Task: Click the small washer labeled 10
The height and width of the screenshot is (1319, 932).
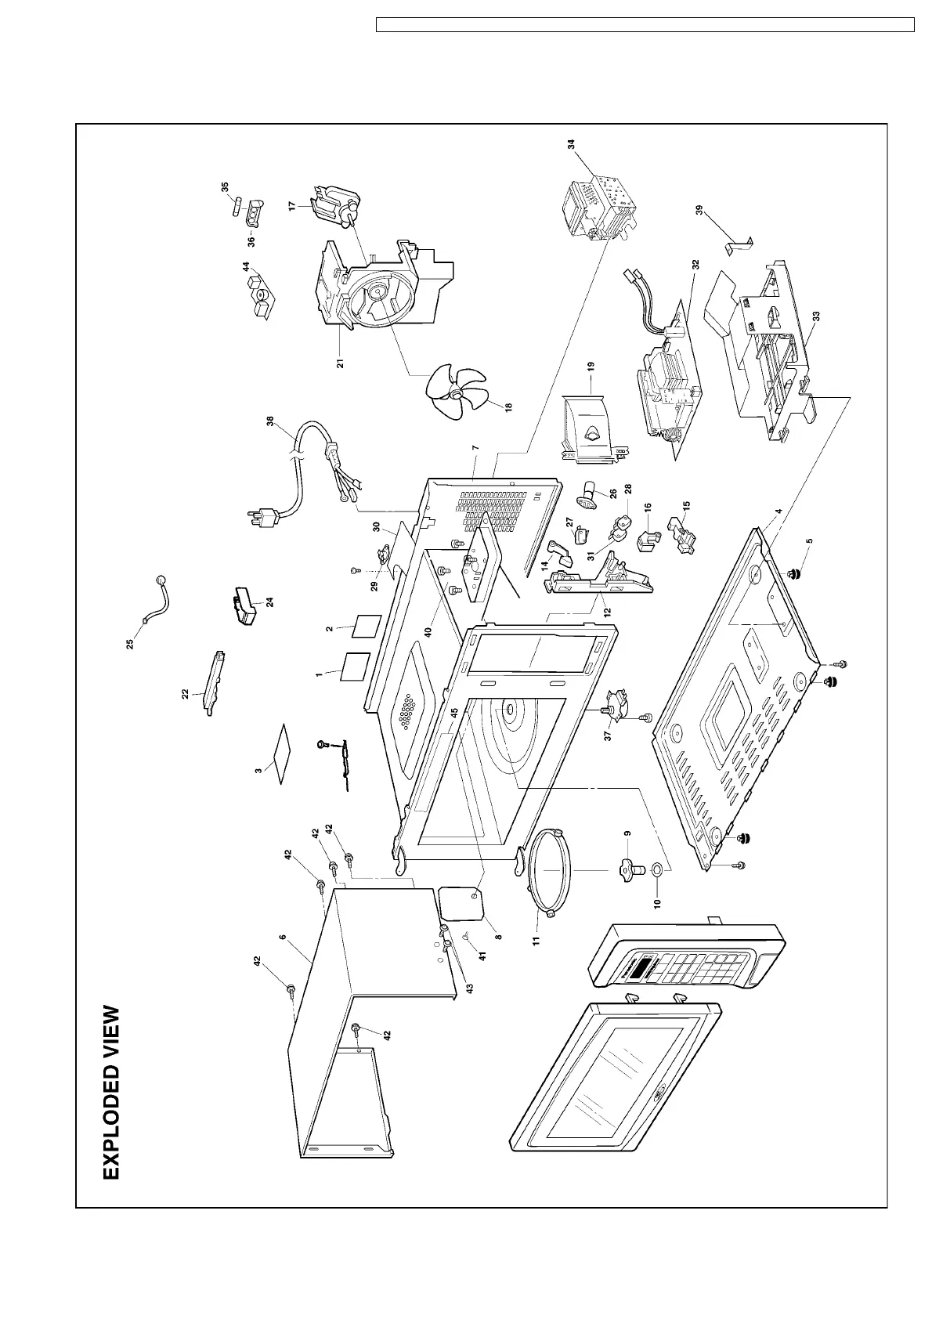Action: pos(655,868)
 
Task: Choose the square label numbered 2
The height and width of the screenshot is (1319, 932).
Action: pos(365,627)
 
